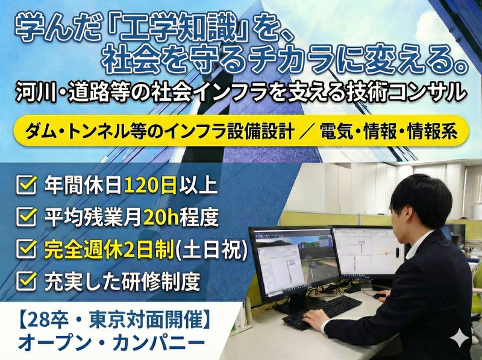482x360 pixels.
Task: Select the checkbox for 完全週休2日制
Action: point(25,249)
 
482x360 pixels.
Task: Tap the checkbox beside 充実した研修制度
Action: point(25,280)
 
